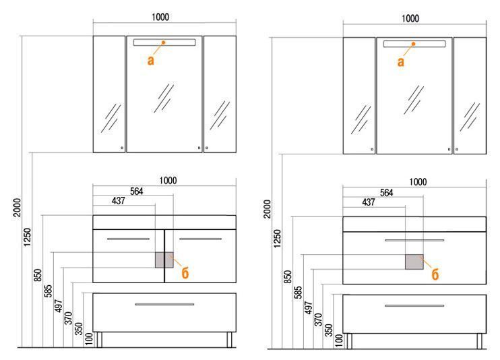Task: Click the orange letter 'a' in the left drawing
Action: click(150, 60)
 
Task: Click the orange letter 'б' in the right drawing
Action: click(435, 274)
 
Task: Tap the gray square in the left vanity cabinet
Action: click(164, 260)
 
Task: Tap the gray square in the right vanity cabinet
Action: click(414, 262)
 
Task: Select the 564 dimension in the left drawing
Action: click(137, 191)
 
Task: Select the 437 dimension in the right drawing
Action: click(369, 202)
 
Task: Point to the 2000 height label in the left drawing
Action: click(17, 208)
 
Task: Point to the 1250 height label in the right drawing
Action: click(278, 238)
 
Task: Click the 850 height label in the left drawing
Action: click(38, 275)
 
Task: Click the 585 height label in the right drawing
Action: click(298, 292)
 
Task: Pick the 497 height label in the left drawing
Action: click(59, 305)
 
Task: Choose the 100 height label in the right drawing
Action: click(339, 340)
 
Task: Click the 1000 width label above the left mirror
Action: click(160, 17)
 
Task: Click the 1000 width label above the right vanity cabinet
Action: click(418, 182)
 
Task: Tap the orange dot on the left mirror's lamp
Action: click(163, 42)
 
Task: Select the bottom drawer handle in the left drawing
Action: click(164, 304)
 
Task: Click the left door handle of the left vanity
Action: click(128, 239)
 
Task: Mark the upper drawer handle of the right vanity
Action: click(414, 240)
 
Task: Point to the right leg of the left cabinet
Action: click(229, 340)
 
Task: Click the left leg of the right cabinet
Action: click(349, 341)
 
